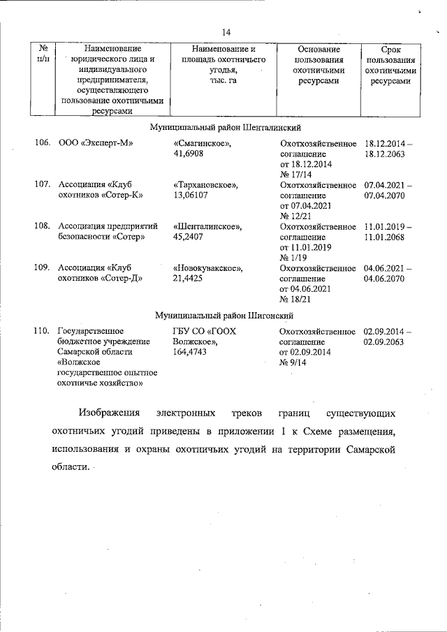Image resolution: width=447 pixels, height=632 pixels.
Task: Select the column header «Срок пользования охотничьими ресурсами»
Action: point(390,66)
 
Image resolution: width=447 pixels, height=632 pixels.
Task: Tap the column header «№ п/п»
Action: point(43,55)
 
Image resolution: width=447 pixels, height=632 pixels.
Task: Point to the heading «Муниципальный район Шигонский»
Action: point(223,316)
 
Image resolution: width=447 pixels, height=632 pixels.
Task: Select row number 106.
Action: point(43,143)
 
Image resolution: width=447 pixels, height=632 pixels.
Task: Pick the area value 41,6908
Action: point(189,154)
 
